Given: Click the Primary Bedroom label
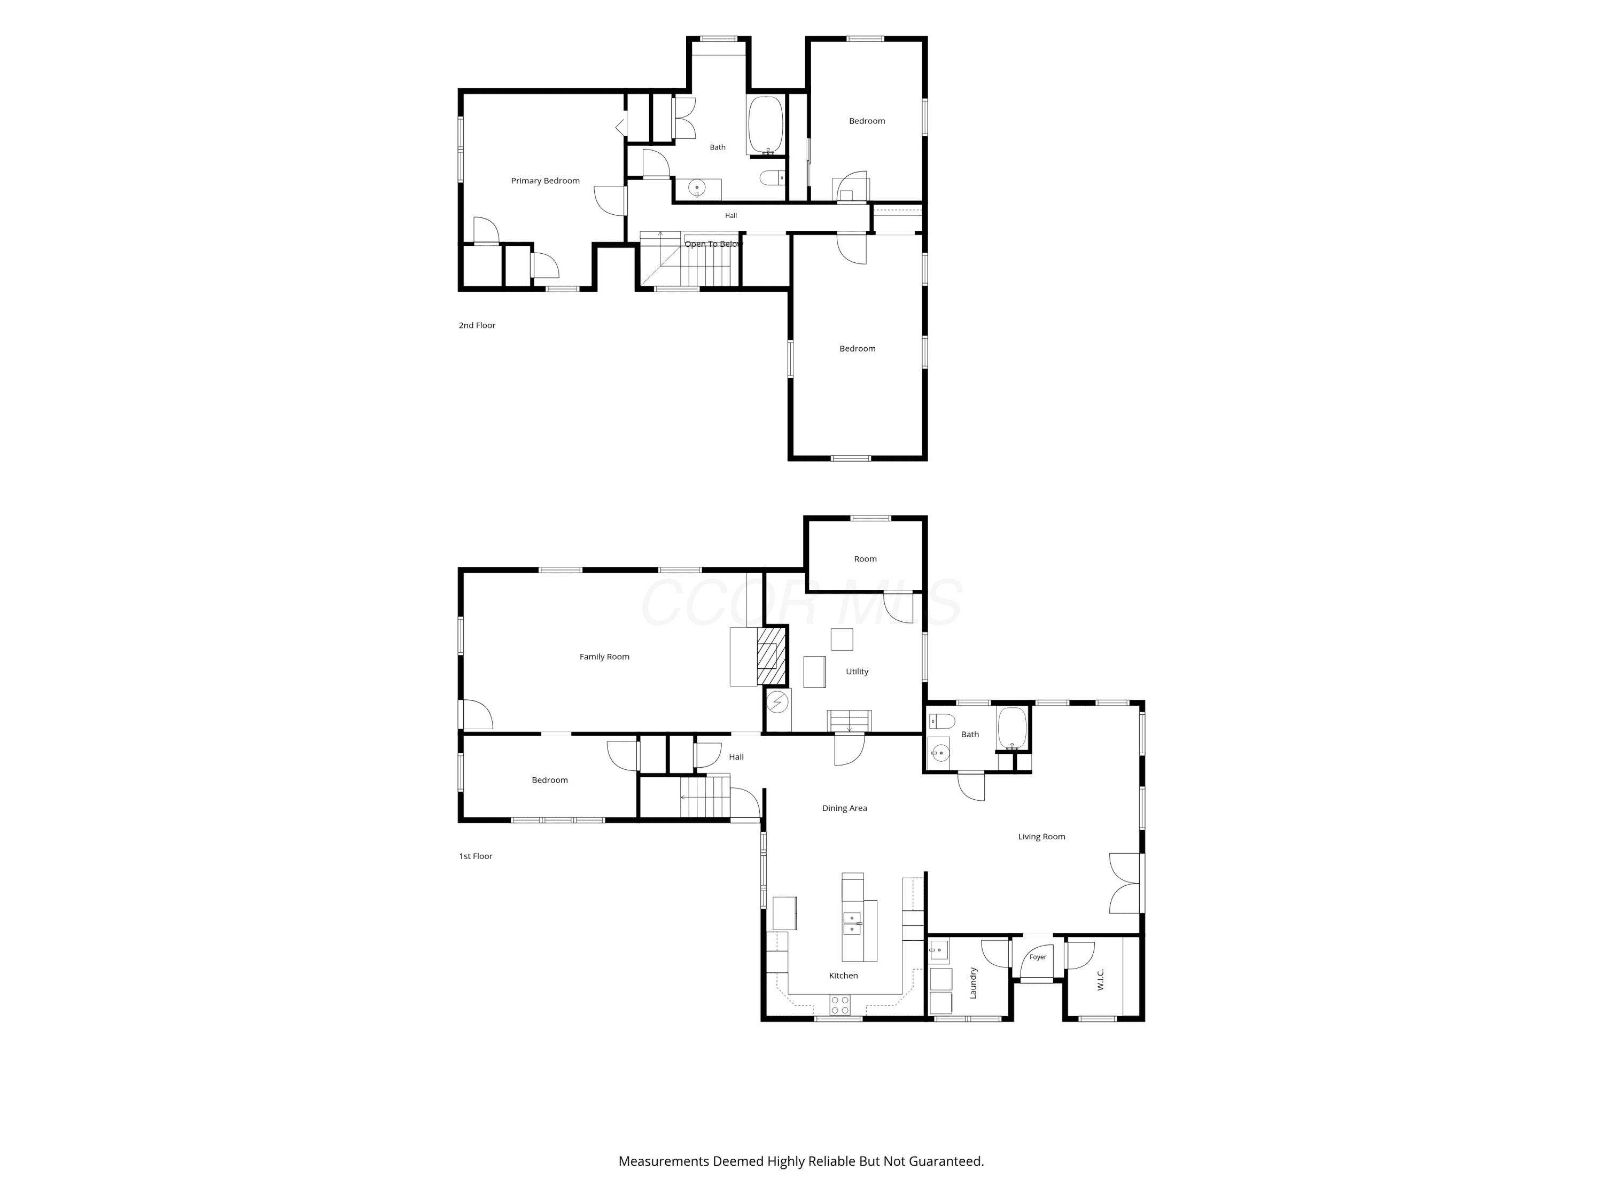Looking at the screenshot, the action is tap(545, 181).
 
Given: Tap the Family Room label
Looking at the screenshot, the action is tap(604, 657).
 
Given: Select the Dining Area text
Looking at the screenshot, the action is tap(844, 808).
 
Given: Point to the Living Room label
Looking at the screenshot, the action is tap(1041, 836).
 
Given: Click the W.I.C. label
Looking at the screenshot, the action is tap(1101, 980).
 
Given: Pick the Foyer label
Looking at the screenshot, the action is tap(1038, 957).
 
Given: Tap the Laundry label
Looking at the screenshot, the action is tap(973, 982).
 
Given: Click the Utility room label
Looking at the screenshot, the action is tap(857, 672).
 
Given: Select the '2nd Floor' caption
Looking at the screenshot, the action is tap(477, 325).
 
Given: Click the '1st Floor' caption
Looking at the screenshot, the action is tap(476, 856).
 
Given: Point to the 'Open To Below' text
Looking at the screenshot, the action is tap(714, 244).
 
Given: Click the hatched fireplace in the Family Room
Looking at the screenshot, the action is tap(772, 655).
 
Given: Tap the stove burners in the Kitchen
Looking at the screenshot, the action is tap(840, 1005).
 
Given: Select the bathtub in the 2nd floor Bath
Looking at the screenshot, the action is tap(765, 124).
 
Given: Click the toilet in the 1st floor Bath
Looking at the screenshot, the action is tap(942, 721).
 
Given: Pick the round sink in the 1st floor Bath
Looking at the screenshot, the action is tap(939, 753).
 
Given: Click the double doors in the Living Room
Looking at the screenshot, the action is tap(1125, 883).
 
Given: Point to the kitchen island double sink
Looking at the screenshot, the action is tap(852, 924).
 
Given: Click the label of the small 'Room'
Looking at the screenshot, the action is tap(865, 559).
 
